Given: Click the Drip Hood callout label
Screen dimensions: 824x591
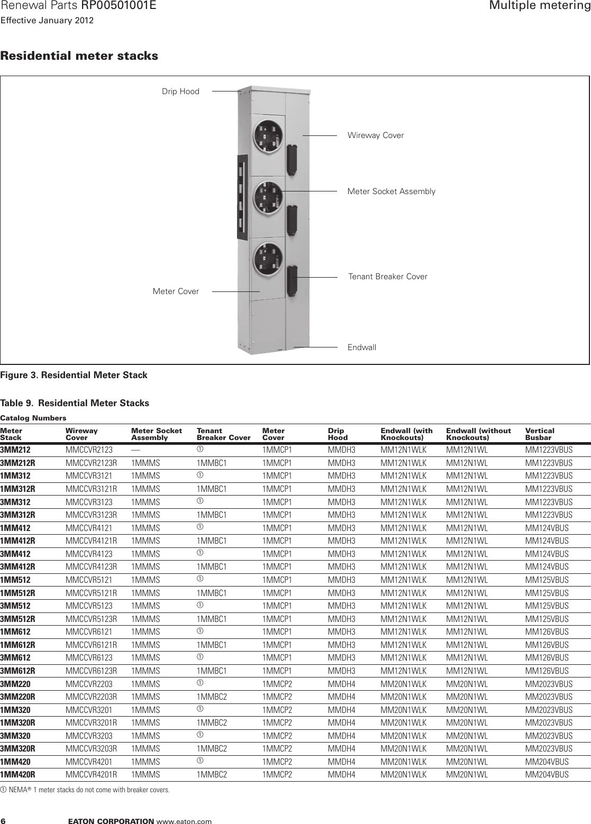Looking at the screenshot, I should pos(180,91).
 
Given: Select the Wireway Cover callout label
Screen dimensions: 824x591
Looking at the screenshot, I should pos(375,135).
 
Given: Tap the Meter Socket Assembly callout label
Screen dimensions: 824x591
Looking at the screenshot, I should pos(391,191).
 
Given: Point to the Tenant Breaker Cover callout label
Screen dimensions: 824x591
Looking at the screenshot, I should pos(388,277).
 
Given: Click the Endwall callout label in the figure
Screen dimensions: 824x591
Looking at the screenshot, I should pos(362,347).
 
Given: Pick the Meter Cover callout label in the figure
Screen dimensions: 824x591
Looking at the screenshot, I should pos(176,291).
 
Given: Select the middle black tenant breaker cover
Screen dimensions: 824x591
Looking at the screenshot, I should pos(291,219).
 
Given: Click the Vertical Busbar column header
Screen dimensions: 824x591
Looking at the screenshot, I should pos(539,434).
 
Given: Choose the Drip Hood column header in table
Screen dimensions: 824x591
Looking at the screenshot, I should pos(338,434).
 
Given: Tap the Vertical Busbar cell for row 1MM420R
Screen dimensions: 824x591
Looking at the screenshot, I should pos(547,774).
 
